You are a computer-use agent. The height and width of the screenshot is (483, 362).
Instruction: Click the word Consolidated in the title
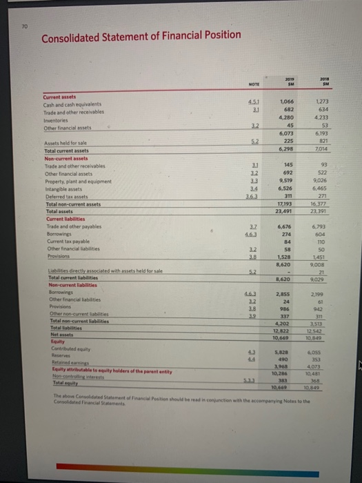[73, 39]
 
